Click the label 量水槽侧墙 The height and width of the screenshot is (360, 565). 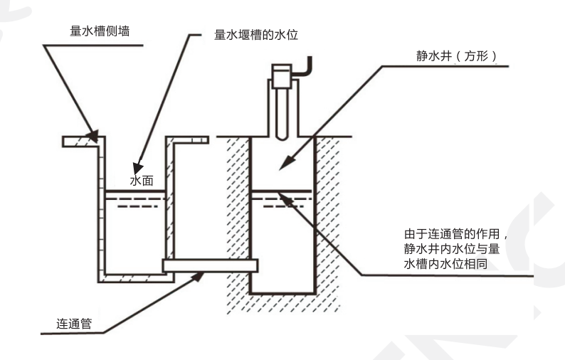tap(100, 31)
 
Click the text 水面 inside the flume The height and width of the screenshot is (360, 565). tap(142, 181)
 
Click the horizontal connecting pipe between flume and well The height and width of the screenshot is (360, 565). tap(211, 265)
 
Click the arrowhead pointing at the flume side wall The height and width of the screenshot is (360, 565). tap(93, 134)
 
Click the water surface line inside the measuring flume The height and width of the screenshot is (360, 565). tap(135, 194)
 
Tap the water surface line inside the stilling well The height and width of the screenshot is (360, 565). tap(281, 191)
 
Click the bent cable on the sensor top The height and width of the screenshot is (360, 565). tap(305, 67)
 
